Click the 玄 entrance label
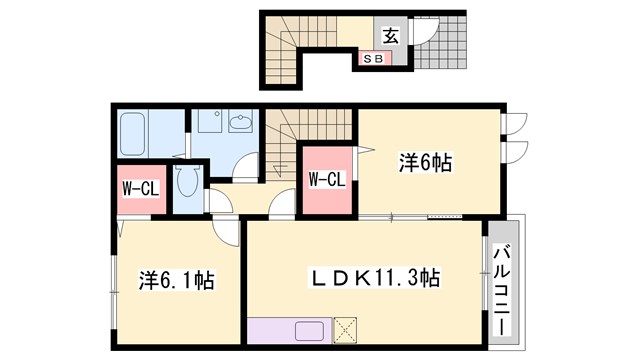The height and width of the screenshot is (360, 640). tap(390, 35)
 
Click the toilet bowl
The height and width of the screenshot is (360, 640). tap(186, 184)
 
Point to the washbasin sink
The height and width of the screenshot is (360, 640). tap(241, 125)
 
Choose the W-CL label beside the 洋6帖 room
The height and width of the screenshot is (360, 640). tap(326, 180)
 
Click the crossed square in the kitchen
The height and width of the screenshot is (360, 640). tap(347, 331)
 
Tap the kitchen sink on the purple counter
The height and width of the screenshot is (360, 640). tap(308, 331)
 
